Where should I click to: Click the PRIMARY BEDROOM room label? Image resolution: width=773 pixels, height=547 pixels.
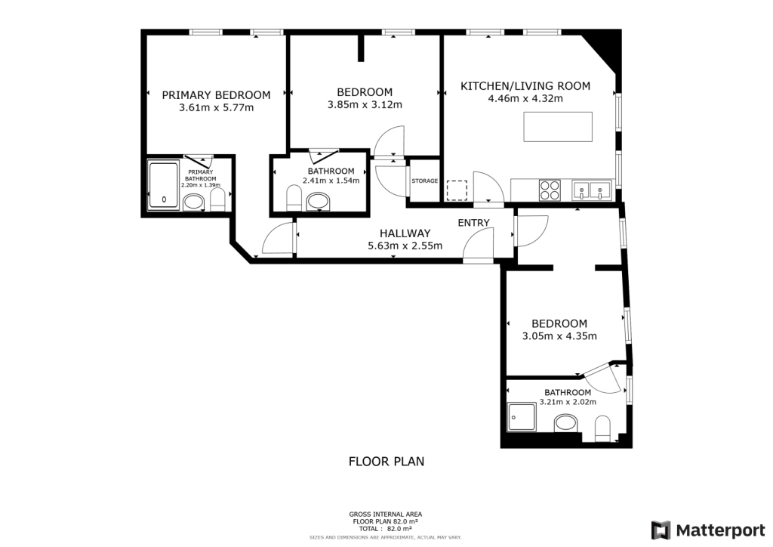click(216, 94)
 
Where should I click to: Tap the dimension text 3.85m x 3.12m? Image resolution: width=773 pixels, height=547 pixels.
click(365, 105)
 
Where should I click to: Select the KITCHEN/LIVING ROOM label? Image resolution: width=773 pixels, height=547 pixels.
click(525, 85)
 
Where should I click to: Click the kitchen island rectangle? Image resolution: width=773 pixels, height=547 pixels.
click(558, 126)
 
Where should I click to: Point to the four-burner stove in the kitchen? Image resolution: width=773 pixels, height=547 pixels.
click(550, 190)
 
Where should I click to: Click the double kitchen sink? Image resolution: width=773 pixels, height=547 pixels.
click(591, 189)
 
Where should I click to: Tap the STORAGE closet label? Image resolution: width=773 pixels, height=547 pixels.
click(424, 181)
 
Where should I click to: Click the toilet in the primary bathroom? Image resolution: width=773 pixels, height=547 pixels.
click(217, 199)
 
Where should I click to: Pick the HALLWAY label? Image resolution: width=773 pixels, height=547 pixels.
click(405, 233)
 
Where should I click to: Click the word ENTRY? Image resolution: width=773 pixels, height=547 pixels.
click(473, 222)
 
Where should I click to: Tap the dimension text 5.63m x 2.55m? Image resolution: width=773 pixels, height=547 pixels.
click(405, 246)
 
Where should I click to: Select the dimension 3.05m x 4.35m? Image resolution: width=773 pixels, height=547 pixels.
click(559, 336)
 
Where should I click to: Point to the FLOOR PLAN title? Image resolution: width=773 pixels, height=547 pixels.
click(386, 461)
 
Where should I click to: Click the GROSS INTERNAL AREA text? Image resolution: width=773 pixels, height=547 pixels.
click(386, 515)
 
